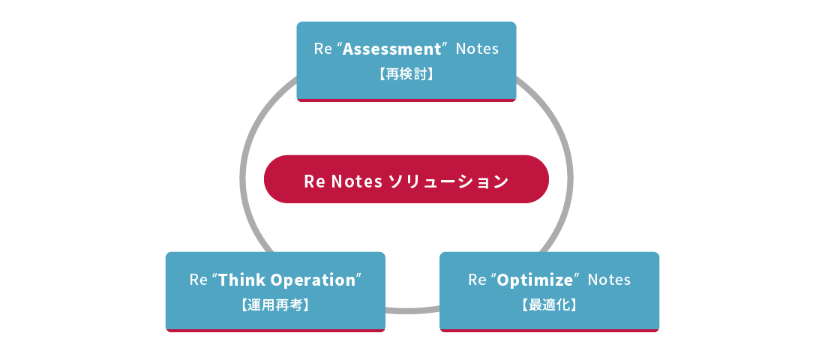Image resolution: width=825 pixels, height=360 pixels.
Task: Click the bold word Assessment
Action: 392,49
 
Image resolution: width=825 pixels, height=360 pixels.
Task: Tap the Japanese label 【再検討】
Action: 406,74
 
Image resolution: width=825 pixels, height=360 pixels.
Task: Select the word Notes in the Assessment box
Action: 477,49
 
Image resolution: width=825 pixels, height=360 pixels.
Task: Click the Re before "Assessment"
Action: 322,49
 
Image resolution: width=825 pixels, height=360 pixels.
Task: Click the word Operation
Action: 313,280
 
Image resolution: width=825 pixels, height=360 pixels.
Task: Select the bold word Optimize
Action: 535,280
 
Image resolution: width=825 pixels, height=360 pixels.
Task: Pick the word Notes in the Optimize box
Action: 609,280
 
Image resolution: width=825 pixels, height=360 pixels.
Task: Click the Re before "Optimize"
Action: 477,280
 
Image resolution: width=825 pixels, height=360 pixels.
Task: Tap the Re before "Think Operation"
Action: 198,280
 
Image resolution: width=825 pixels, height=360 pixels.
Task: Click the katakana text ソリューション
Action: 448,181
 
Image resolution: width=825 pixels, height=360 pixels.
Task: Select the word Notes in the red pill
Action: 357,181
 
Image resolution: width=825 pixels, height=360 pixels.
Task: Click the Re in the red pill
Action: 313,181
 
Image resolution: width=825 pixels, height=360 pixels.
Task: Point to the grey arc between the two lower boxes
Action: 412,308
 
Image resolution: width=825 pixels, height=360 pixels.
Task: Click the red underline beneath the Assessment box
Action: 406,100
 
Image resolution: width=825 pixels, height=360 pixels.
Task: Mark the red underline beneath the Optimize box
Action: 549,330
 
